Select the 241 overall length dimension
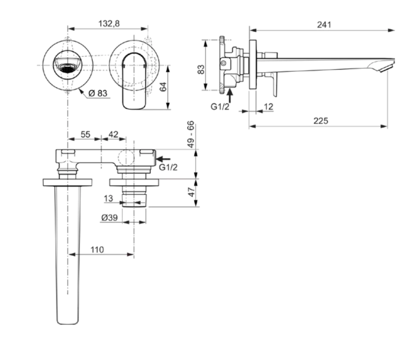pyautogui.click(x=324, y=24)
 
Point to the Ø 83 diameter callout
pyautogui.click(x=99, y=93)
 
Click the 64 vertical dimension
pyautogui.click(x=164, y=86)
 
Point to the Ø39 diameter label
pyautogui.click(x=109, y=218)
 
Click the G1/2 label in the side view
pyautogui.click(x=219, y=107)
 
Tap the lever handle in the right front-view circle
pyautogui.click(x=135, y=83)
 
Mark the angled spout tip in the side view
pyautogui.click(x=385, y=66)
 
